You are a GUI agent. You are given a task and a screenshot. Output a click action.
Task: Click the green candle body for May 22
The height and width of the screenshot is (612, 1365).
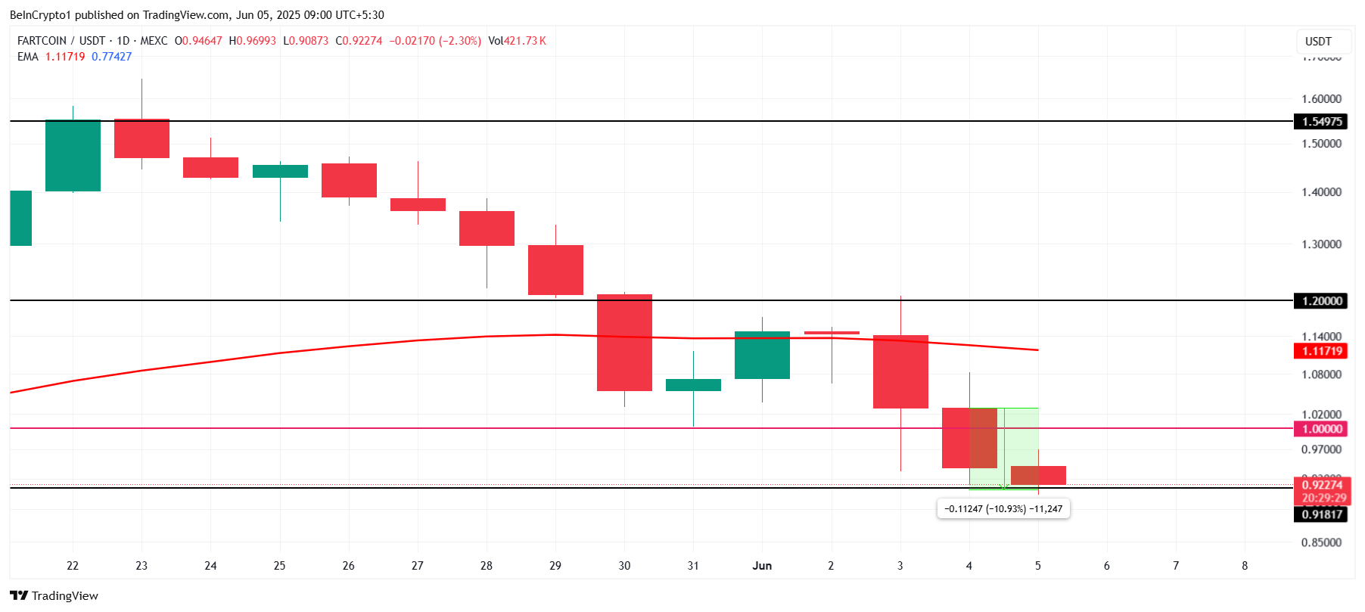pos(73,155)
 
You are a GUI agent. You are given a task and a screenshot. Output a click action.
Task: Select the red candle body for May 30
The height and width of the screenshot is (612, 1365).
pos(624,342)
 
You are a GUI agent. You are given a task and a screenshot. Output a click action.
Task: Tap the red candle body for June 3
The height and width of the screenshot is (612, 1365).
pos(900,371)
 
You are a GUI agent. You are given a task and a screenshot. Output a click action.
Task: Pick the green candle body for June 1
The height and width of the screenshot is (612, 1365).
pos(762,355)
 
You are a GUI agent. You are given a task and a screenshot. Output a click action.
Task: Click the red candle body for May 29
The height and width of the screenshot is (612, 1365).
pos(555,269)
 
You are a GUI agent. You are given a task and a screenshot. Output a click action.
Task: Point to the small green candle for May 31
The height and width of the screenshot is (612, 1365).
pos(693,385)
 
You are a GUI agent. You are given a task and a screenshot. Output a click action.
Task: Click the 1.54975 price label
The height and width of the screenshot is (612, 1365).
pos(1321,122)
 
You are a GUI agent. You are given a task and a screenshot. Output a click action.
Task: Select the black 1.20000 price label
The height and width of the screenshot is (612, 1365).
pos(1321,301)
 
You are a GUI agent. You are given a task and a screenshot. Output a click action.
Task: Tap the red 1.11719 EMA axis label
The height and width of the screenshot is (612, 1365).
pos(1321,351)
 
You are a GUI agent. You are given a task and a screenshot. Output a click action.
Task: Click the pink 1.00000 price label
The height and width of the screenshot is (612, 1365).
pos(1321,429)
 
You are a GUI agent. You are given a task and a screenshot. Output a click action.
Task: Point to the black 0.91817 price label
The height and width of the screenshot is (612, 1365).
pos(1321,514)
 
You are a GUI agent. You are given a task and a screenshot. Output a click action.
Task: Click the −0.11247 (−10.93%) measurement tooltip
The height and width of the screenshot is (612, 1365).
pos(1003,509)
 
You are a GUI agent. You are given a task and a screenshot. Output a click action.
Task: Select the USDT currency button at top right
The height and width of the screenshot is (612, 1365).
pos(1318,42)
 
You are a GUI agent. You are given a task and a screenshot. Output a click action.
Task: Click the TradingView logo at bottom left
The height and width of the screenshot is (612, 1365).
pos(54,596)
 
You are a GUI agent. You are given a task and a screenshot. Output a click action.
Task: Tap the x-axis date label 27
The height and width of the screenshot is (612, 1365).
pos(418,566)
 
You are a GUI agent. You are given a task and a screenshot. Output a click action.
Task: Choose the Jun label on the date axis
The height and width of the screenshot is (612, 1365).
pos(762,566)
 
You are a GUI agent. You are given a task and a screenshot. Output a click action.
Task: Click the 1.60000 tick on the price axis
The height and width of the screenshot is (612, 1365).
pos(1321,99)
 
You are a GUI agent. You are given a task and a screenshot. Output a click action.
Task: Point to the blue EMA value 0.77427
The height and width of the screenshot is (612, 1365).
pos(111,57)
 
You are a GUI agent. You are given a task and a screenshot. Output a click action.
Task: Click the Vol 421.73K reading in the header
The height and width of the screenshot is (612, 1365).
pos(517,41)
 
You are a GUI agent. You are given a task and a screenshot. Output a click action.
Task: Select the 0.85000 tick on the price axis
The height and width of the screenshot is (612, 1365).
pos(1321,542)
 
